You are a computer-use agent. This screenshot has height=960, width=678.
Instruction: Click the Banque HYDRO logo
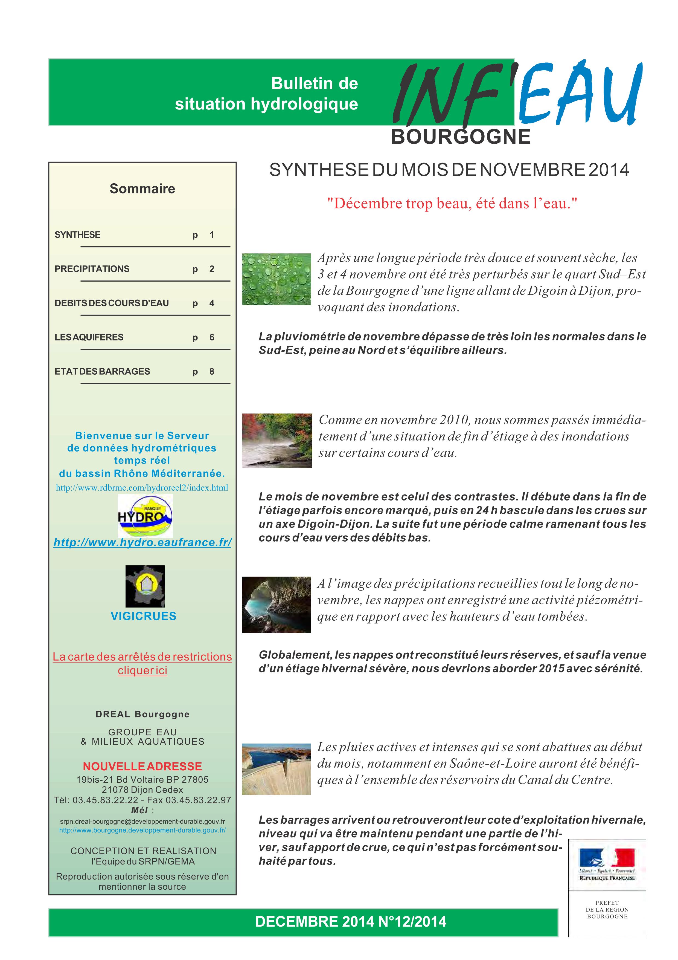click(145, 516)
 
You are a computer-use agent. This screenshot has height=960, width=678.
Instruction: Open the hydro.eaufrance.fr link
click(142, 542)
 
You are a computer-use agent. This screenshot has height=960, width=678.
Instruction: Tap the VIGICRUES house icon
click(145, 586)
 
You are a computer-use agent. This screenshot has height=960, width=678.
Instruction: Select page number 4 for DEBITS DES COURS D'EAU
click(212, 303)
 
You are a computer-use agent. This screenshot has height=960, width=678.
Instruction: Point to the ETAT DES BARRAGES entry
click(102, 371)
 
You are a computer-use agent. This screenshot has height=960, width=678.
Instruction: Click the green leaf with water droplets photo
click(277, 279)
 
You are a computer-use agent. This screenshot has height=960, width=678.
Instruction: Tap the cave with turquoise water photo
click(277, 604)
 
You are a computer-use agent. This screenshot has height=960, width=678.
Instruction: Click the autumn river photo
click(277, 441)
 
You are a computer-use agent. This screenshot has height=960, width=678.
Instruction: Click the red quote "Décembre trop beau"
click(452, 204)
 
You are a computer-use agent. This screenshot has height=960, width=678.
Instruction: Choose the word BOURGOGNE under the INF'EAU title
click(461, 137)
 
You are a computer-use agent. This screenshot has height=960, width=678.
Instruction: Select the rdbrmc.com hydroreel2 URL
click(142, 488)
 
